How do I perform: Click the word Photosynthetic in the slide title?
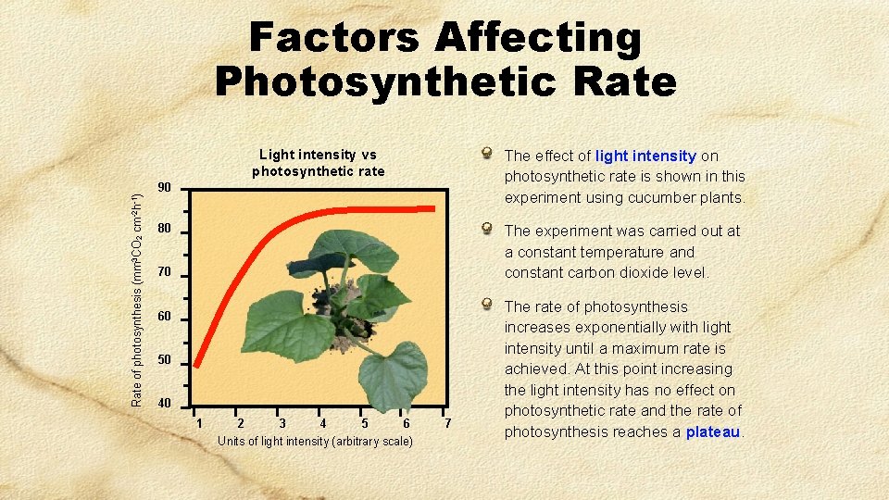coord(371,81)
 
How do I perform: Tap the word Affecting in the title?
coord(538,39)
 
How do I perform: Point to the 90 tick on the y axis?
coord(164,188)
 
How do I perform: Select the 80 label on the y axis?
coord(164,229)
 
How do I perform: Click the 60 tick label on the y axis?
coord(164,317)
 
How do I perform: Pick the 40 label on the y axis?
coord(164,403)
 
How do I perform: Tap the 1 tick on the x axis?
coord(199,423)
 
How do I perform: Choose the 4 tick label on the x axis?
coord(321,423)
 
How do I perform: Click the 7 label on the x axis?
coord(448,423)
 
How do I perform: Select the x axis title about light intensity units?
coord(315,442)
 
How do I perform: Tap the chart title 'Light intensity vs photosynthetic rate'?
coord(318,163)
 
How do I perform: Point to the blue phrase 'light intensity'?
coord(645,156)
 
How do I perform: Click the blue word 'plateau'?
coord(713,432)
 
